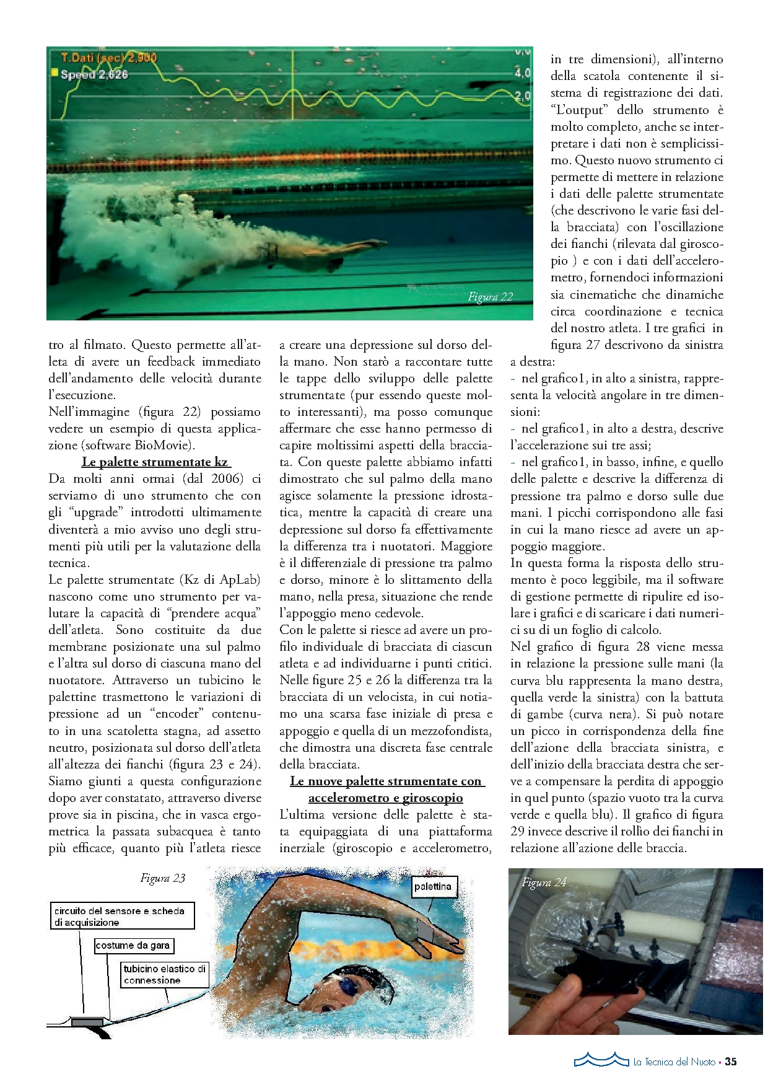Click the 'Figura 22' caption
click(x=490, y=297)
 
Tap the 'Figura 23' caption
click(x=162, y=878)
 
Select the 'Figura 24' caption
click(x=544, y=882)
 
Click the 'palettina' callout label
click(x=433, y=886)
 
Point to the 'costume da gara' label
click(x=133, y=945)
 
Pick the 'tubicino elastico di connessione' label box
click(x=164, y=974)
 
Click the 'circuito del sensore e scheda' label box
click(x=122, y=916)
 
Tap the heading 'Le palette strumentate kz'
click(x=155, y=462)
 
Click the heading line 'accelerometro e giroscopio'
click(x=385, y=798)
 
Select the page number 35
click(x=731, y=1062)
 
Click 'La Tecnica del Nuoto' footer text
click(x=674, y=1062)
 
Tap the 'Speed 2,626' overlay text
click(x=94, y=74)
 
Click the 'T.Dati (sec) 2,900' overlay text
click(x=109, y=58)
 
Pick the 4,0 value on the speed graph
click(x=522, y=73)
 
